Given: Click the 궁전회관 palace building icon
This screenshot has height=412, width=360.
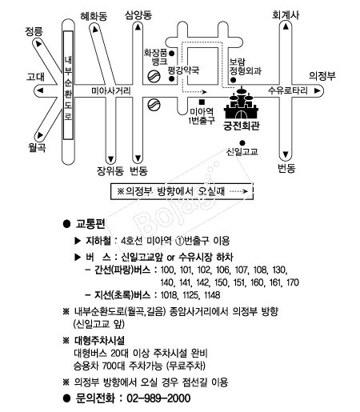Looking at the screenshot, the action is coord(242,103).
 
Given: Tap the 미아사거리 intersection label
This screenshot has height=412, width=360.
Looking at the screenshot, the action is coord(111,91).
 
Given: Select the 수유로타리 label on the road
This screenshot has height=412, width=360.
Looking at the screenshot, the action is coord(288,90).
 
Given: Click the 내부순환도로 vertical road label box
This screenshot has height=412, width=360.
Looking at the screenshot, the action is coord(68,85).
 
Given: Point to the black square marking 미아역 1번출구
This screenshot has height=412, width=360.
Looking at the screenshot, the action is coord(202,102).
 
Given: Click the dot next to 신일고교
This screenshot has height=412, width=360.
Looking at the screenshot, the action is coord(242,143).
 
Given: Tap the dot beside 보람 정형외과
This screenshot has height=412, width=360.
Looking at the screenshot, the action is coord(233,80).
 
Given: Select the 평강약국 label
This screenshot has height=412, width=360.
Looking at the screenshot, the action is coord(183,70).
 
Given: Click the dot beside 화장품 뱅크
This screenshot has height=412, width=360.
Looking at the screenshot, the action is coord(172,54).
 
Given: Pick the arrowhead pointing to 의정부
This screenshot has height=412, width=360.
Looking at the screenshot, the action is coord(317,90).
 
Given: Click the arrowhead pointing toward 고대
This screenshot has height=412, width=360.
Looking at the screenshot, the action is coord(40,90).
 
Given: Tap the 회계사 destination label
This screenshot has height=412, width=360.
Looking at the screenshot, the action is coord(286,14).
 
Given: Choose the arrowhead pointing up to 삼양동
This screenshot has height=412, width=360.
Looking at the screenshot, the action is coord(138,27).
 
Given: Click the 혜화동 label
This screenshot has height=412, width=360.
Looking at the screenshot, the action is coord(94,17).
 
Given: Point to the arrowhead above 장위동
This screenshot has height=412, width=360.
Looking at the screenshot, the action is coord(110,159).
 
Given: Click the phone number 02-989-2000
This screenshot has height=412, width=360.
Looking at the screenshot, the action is coord(158,398).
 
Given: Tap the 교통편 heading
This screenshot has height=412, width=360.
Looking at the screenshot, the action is coord(90,224).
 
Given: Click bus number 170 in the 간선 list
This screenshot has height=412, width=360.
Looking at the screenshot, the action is coord(293,282).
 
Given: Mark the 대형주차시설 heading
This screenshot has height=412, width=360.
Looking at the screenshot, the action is coord(99,341).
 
